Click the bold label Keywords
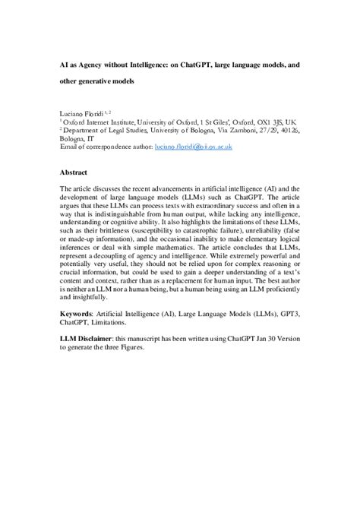tap(78, 314)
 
